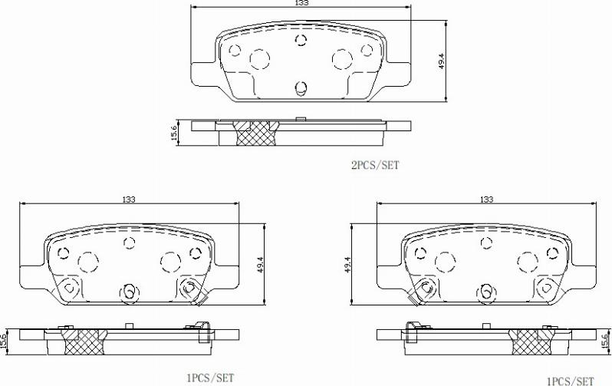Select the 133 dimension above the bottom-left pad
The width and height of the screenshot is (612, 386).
(x=128, y=199)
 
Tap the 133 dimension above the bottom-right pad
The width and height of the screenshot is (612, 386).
(x=485, y=199)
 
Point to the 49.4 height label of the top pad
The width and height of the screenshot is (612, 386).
(x=441, y=61)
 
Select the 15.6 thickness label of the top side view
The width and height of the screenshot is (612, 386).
(x=174, y=133)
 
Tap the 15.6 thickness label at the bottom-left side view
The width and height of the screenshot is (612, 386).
(x=5, y=340)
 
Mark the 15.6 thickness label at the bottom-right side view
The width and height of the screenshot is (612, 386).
(x=604, y=340)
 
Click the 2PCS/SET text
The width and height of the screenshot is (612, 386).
(x=374, y=164)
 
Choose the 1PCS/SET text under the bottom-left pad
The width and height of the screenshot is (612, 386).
(x=209, y=378)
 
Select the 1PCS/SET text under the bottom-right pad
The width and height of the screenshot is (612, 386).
(x=570, y=380)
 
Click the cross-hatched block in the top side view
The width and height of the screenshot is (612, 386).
(x=255, y=133)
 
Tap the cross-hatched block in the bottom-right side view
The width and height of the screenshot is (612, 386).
(x=533, y=341)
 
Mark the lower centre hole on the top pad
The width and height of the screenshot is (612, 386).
(x=301, y=86)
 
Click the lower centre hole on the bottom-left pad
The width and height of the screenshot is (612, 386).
(x=129, y=291)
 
